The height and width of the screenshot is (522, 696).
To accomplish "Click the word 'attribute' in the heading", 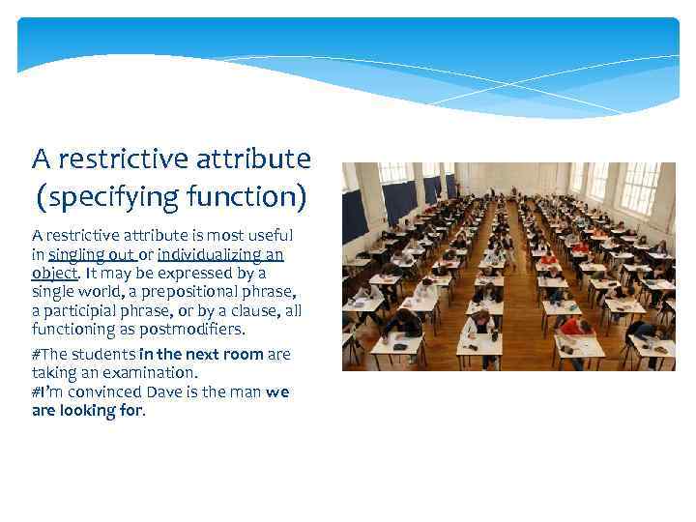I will [x=262, y=158].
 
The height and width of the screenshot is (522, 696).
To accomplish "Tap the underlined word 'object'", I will [x=53, y=274].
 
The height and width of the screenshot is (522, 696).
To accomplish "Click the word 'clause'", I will [x=258, y=310].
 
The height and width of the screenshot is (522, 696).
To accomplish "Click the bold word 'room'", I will [x=243, y=355].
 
